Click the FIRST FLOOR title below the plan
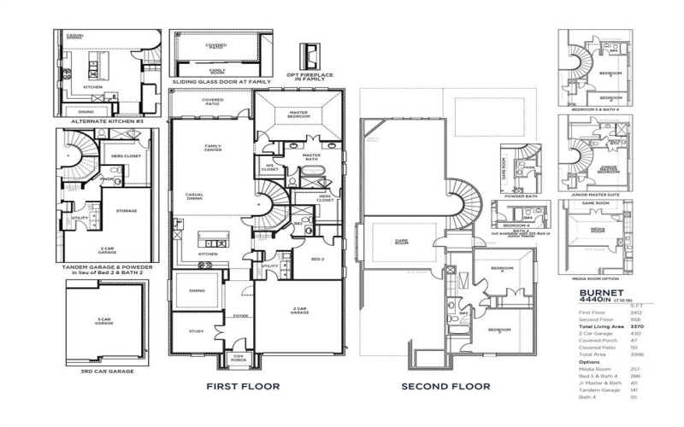243,387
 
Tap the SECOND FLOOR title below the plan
445,387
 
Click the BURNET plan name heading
598,292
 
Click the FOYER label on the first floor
240,315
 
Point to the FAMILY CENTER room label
212,148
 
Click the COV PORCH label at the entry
239,358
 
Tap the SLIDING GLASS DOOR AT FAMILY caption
221,82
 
